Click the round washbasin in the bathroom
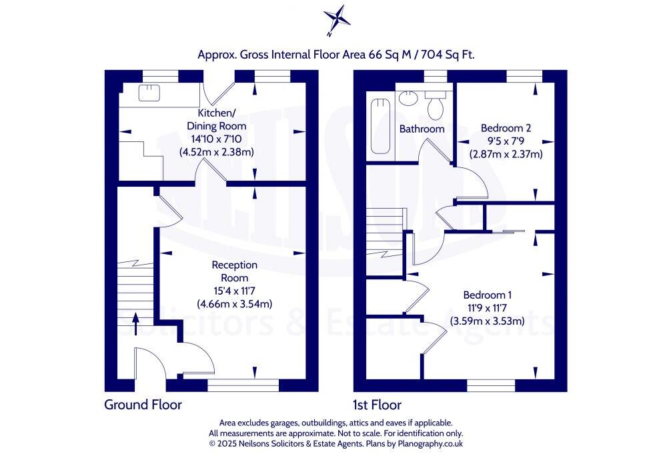click(x=408, y=99)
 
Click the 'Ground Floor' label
click(x=143, y=404)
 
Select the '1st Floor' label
click(x=377, y=404)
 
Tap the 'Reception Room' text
click(x=234, y=271)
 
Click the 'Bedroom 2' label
click(x=506, y=127)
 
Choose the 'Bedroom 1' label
click(x=488, y=295)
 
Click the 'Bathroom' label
click(x=422, y=129)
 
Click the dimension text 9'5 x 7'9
click(x=506, y=141)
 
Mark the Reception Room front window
click(x=231, y=384)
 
